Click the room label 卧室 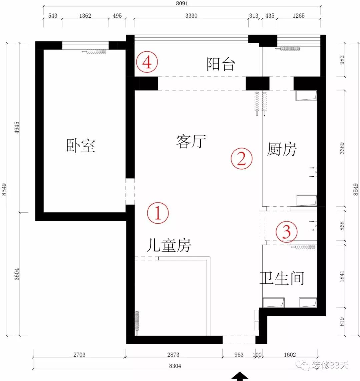click(x=81, y=146)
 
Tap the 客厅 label click(x=191, y=142)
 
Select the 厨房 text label click(x=282, y=149)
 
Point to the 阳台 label click(x=221, y=64)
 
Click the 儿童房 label click(x=168, y=246)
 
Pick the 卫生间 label click(x=282, y=278)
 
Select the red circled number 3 click(x=287, y=231)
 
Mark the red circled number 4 click(x=147, y=62)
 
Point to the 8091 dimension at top click(x=182, y=4)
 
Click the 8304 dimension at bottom click(x=175, y=366)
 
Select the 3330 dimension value click(x=191, y=16)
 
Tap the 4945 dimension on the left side click(x=17, y=127)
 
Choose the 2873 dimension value click(x=173, y=355)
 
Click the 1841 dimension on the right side click(x=342, y=276)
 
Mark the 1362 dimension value click(x=85, y=16)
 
